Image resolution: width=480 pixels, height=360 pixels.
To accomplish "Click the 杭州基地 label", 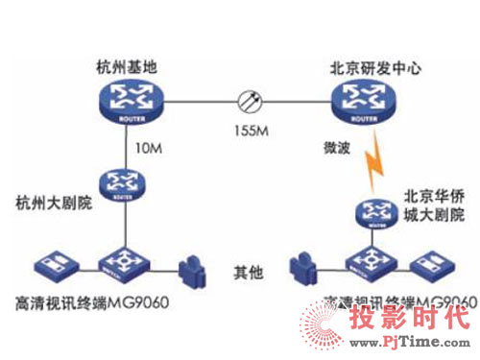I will pyautogui.click(x=124, y=70).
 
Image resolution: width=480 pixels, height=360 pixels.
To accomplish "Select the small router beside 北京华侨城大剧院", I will pyautogui.click(x=374, y=213).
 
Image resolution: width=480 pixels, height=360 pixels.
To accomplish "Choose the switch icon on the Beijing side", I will pyautogui.click(x=374, y=262).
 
